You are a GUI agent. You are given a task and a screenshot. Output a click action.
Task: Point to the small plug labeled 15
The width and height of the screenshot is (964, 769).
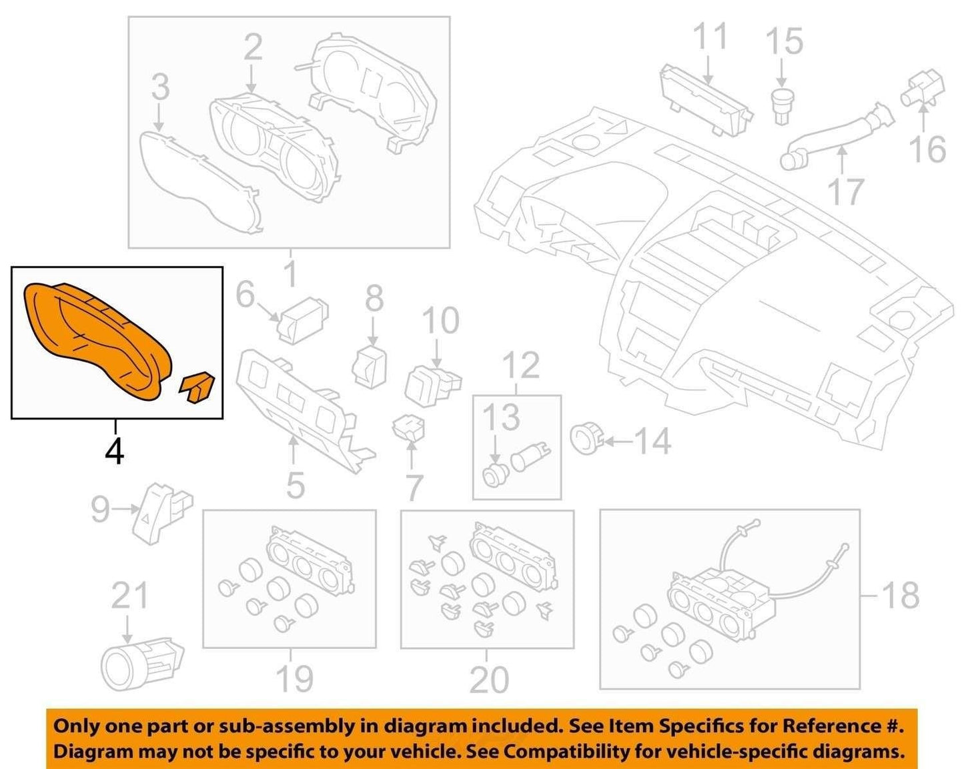coord(782,107)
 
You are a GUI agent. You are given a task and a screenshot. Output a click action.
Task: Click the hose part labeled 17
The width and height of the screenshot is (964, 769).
coord(836,137)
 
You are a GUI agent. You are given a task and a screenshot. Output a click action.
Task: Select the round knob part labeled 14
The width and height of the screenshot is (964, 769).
coord(587,439)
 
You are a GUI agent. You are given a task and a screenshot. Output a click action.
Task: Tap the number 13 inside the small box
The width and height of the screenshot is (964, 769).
coord(502,417)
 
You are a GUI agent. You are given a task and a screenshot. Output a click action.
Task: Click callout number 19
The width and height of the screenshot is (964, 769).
coord(294,678)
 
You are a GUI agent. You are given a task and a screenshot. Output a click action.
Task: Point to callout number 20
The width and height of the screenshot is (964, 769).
coord(489,678)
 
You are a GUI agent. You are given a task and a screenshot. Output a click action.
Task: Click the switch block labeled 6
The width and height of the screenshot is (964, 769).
coord(304,319)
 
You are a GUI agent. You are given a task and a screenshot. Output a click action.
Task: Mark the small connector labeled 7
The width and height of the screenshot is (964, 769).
coord(408,427)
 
